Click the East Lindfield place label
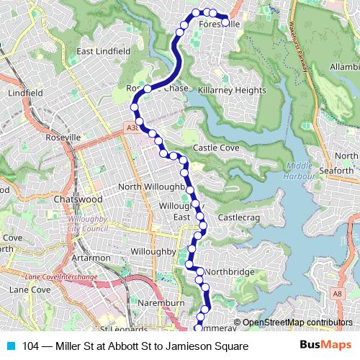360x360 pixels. pos(103,52)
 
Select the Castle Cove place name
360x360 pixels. pos(215,148)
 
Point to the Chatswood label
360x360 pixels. pos(78,199)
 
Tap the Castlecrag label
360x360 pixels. pos(238,216)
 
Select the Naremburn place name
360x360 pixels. pos(157,303)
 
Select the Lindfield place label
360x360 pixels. pos(25,94)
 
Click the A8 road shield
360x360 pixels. pos(337,293)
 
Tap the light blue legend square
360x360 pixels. pos(9,346)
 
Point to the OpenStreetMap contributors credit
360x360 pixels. pos(297,323)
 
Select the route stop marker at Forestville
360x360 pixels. pos(225,22)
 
